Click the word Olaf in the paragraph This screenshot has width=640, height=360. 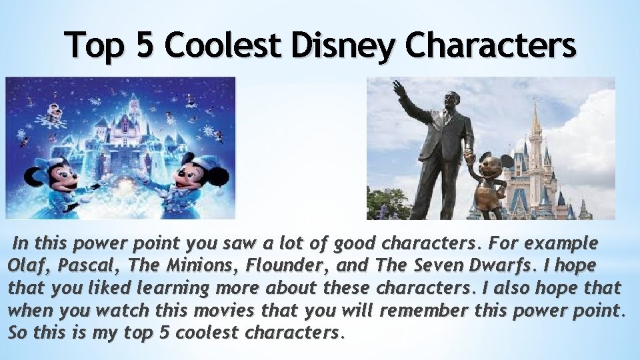click(26, 265)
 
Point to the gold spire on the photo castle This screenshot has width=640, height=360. click(535, 120)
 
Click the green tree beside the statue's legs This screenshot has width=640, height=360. click(387, 203)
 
